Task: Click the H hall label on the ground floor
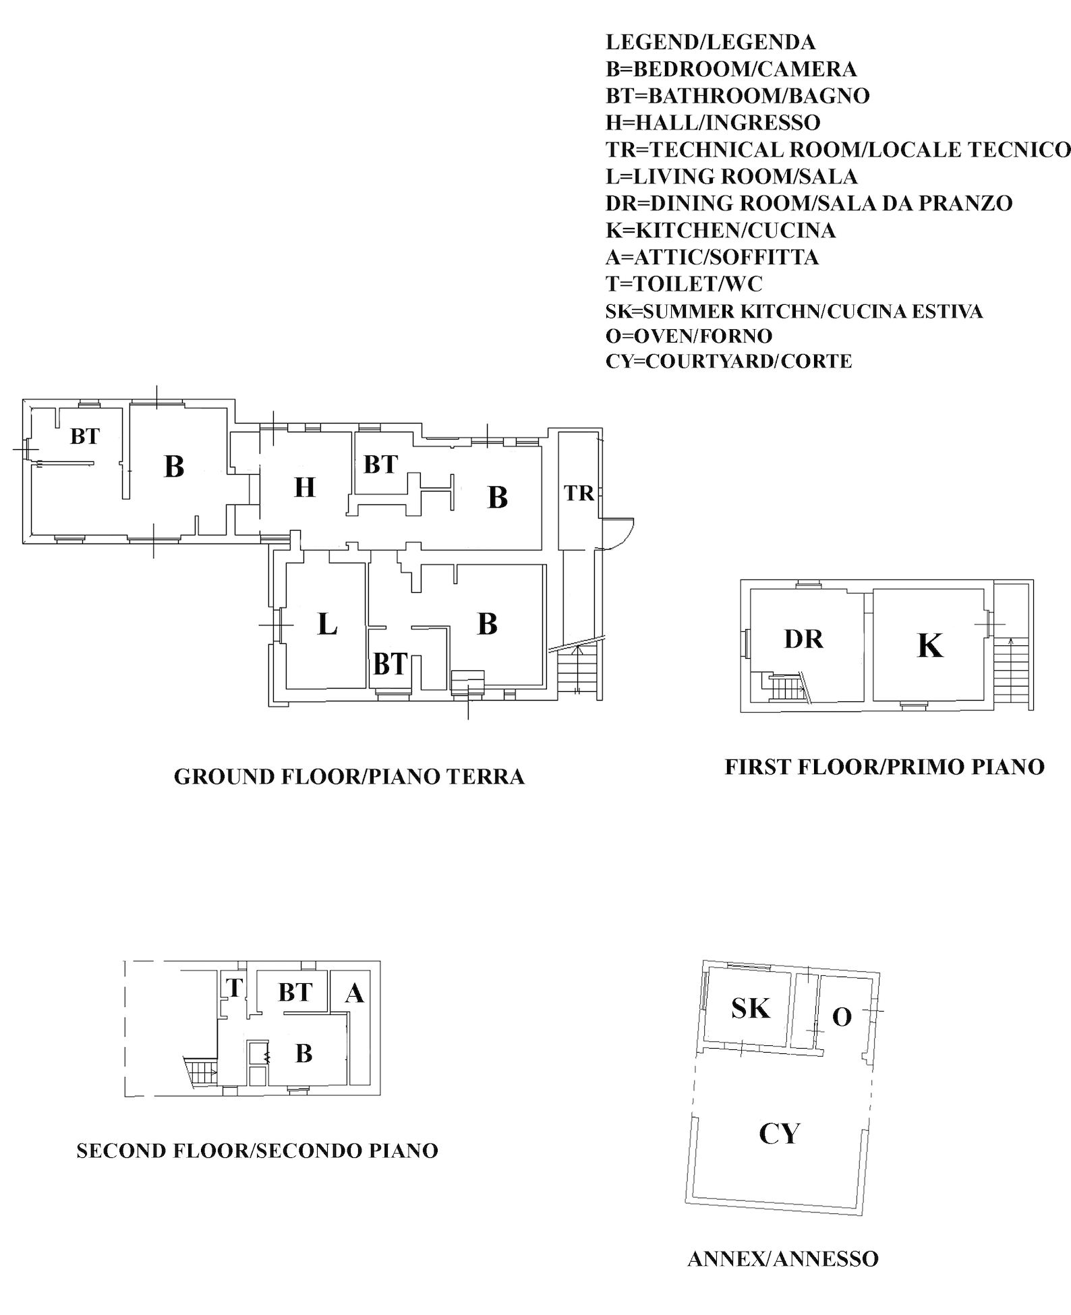[305, 487]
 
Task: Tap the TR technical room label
[579, 494]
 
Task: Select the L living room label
[327, 624]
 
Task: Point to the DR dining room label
[804, 639]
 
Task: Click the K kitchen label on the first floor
[930, 645]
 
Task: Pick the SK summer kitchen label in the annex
[751, 1008]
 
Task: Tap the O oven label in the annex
[842, 1017]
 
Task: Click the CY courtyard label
[780, 1134]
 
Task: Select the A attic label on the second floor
[355, 993]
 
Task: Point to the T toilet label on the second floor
[234, 988]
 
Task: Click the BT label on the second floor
[295, 992]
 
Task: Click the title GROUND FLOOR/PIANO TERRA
[349, 776]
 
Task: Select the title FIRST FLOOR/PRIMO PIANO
[885, 767]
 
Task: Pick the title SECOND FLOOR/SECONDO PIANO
[258, 1150]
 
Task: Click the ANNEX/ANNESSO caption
[783, 1259]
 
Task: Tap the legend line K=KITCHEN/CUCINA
[720, 231]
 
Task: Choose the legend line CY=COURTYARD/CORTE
[728, 361]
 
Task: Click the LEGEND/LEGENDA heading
[710, 42]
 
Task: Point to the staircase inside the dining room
[784, 689]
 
